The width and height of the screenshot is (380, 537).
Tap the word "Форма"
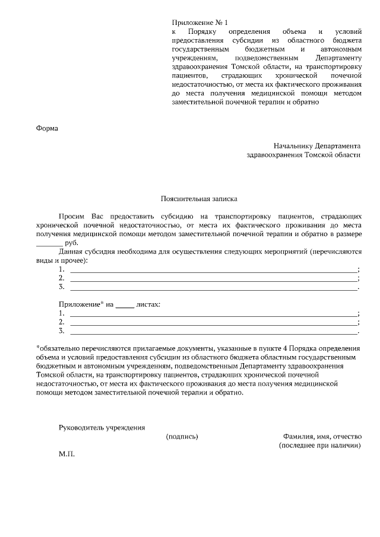(x=47, y=127)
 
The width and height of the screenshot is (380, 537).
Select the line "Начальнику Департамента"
(x=317, y=145)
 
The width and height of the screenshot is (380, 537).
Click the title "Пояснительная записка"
(x=198, y=200)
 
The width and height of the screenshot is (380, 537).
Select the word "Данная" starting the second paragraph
(x=71, y=252)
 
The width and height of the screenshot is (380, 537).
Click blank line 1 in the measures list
(x=214, y=270)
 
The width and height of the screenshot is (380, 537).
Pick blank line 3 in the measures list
(x=214, y=288)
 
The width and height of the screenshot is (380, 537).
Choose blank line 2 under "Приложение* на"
(x=214, y=322)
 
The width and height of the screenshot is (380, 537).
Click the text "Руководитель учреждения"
(x=102, y=427)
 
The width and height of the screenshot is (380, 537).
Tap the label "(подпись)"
(x=182, y=436)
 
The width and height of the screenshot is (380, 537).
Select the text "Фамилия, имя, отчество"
(x=322, y=436)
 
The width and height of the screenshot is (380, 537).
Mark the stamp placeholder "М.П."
(x=67, y=454)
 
